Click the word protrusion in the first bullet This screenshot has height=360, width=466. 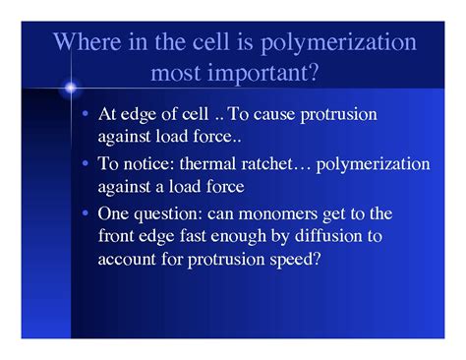(339, 114)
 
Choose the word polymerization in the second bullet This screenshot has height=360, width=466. (359, 163)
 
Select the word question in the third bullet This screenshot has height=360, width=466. (169, 212)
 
